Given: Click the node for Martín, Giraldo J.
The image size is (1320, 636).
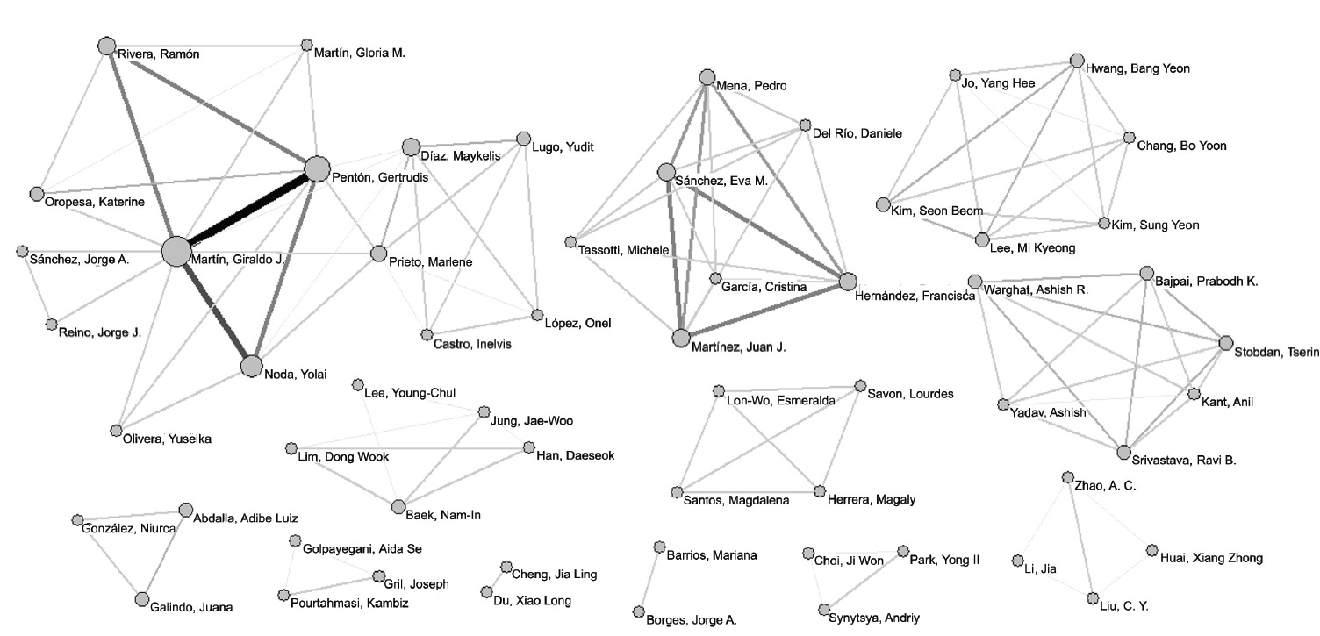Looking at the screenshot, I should (176, 251).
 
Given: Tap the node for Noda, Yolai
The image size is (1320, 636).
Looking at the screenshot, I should (252, 367).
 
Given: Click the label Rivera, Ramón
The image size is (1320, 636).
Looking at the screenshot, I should (158, 54).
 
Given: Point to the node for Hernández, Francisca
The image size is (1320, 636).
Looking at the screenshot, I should (847, 282).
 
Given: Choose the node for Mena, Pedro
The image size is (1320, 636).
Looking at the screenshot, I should (707, 77).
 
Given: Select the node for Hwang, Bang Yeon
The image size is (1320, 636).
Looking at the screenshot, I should (1077, 61).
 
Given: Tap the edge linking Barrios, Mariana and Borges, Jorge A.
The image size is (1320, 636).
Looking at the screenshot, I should (649, 580).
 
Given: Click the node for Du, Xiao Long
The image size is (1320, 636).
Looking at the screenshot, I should (486, 593).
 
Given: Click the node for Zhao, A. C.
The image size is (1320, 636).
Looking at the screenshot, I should (1067, 477).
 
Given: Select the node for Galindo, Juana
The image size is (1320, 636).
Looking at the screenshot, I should (142, 599).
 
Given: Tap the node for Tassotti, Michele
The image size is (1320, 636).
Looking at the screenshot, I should (571, 242).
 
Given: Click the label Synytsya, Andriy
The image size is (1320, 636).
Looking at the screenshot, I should (874, 618).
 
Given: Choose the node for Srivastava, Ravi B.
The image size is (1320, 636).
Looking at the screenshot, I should (1124, 452).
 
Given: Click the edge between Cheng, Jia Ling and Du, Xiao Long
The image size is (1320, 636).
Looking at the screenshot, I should (496, 580).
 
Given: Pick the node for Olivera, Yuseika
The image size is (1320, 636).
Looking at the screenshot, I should (116, 430).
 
